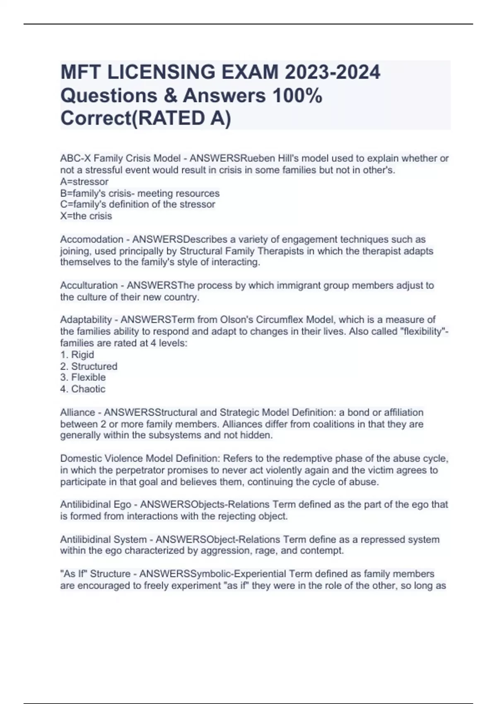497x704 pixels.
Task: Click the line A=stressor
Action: [x=84, y=182]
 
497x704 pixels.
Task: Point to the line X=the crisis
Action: [x=86, y=216]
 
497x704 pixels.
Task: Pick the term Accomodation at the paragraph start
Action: [x=92, y=239]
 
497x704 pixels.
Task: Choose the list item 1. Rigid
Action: [x=77, y=355]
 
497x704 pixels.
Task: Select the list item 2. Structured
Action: [x=89, y=366]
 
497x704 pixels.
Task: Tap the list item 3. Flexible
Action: [x=83, y=378]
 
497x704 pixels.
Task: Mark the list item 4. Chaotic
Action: [x=83, y=389]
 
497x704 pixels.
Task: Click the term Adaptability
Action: [x=86, y=320]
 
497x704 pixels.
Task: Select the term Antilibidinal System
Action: [x=104, y=540]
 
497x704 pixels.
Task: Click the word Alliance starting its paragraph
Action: [x=77, y=412]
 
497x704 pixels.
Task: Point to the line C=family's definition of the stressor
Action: [x=138, y=205]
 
